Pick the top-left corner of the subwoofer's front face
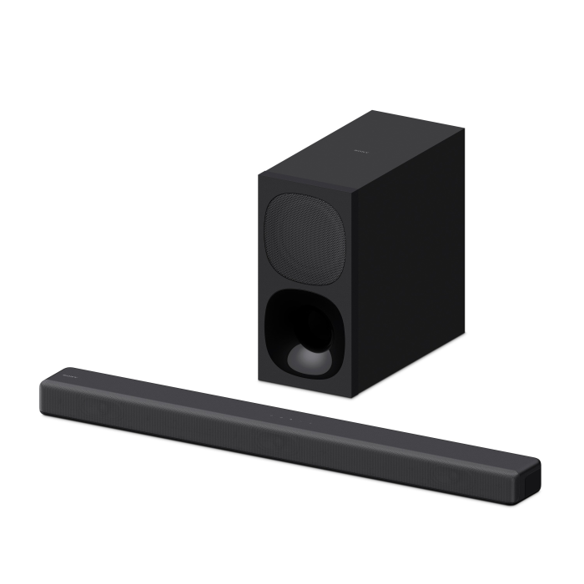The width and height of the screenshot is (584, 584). [259, 173]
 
